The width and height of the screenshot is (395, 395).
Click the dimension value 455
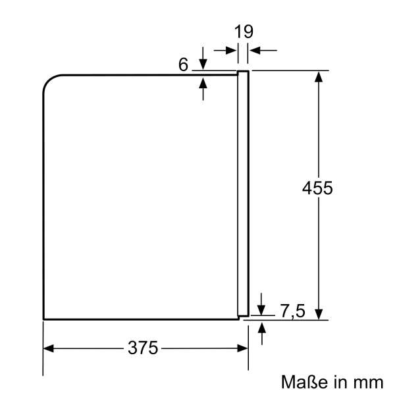[318, 187]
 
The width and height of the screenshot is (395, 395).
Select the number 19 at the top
[244, 31]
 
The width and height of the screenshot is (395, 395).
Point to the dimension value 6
[183, 64]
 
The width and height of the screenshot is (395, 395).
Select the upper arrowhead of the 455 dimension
[319, 76]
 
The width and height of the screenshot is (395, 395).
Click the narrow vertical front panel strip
[243, 191]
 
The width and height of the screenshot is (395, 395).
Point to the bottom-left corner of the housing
[43, 319]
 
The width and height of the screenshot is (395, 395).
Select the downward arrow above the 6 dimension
[203, 63]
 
